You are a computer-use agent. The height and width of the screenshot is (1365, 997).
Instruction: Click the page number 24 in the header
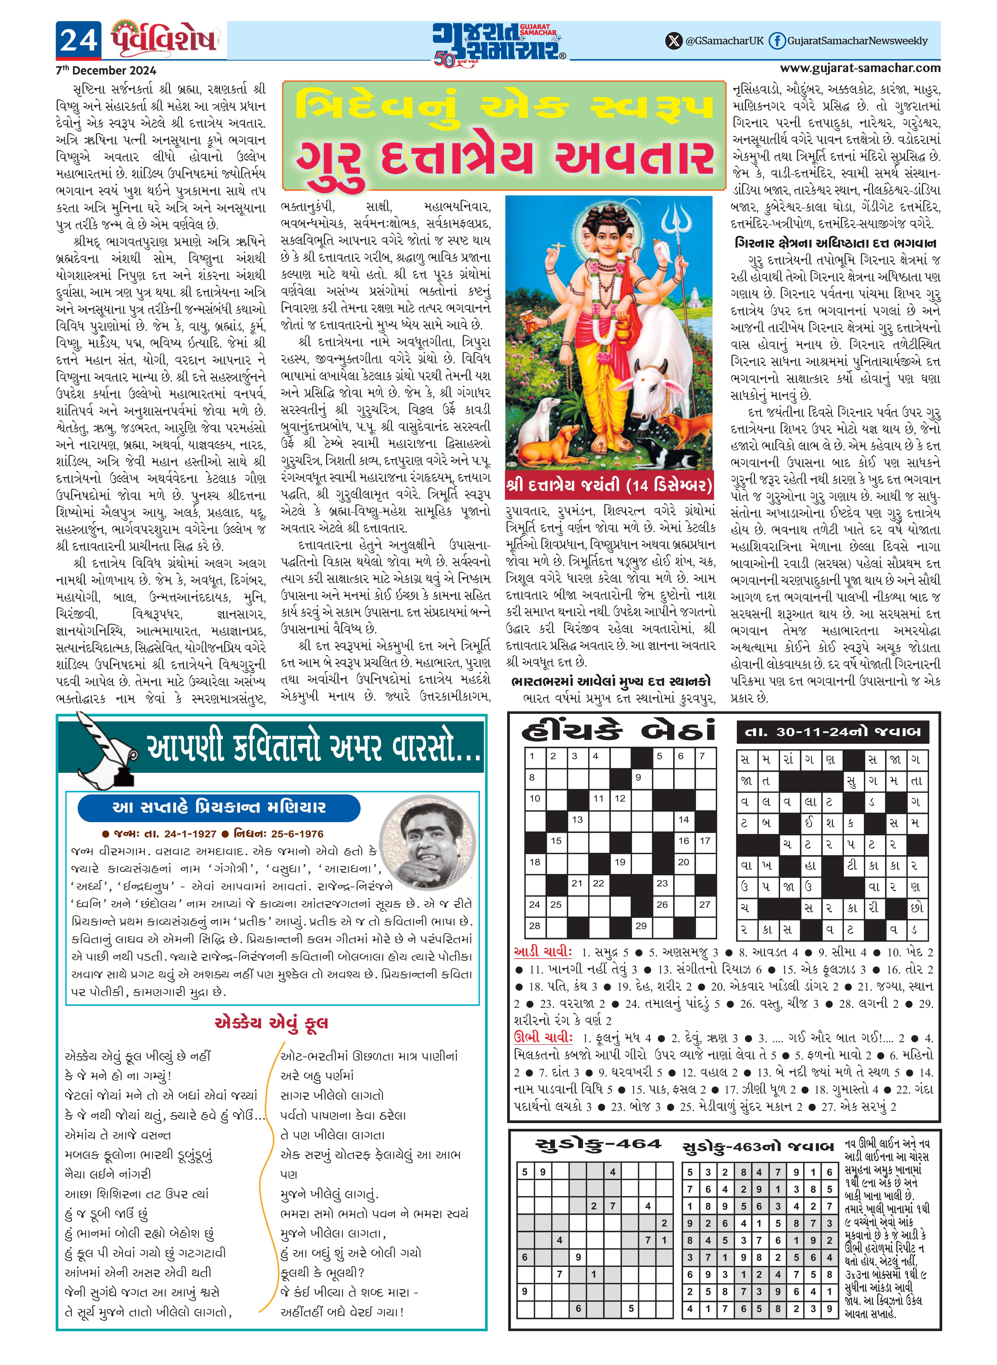tap(78, 40)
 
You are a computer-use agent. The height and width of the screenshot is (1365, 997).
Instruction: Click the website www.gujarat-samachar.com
tap(860, 68)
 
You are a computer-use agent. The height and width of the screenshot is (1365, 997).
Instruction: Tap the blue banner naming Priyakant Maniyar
tap(218, 808)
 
